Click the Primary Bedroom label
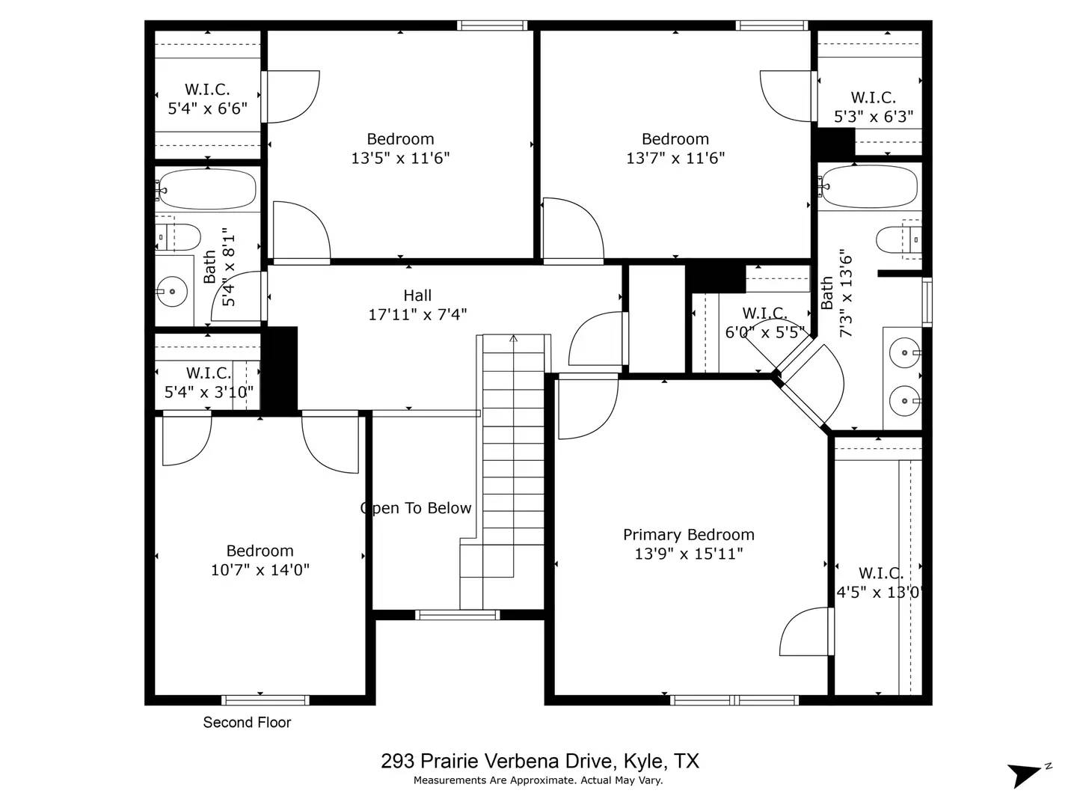pos(688,535)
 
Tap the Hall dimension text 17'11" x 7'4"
pos(417,315)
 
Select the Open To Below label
pos(417,509)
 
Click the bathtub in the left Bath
pos(207,189)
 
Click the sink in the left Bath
pos(172,291)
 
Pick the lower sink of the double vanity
pos(904,401)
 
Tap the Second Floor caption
pos(247,723)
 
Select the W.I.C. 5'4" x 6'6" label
pos(207,100)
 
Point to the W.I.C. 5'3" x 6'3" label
pos(873,107)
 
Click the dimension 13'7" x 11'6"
pos(675,159)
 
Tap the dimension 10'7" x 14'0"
pos(260,570)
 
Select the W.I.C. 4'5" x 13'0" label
pos(880,583)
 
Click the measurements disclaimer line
pos(538,780)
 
